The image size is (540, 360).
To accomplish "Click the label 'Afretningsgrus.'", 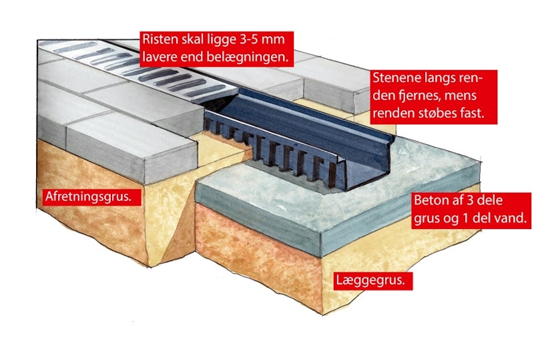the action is tap(88, 197).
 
